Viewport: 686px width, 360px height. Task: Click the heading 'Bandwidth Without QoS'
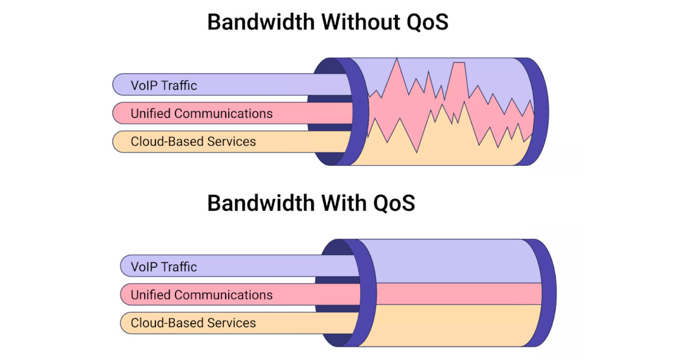pyautogui.click(x=328, y=22)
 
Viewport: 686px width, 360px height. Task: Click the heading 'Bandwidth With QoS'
pyautogui.click(x=311, y=203)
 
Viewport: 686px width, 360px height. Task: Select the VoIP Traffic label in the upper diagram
pyautogui.click(x=163, y=86)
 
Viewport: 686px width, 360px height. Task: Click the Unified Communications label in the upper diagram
pyautogui.click(x=201, y=113)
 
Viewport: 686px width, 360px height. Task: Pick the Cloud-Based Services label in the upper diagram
pyautogui.click(x=193, y=141)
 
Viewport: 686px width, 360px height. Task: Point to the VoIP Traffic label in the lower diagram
pyautogui.click(x=163, y=267)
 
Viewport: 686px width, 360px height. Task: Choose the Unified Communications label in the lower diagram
pyautogui.click(x=201, y=295)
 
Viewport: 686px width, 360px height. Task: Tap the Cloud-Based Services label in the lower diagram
pyautogui.click(x=193, y=323)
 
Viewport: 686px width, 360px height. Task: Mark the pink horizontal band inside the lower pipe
pyautogui.click(x=452, y=294)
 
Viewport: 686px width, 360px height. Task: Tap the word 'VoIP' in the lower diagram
pyautogui.click(x=144, y=267)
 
